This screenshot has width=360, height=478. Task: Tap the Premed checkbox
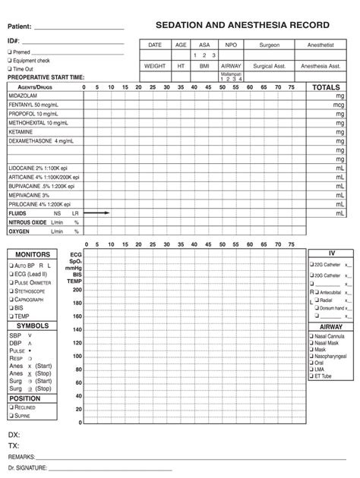(9, 52)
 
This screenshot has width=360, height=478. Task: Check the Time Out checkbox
(9, 68)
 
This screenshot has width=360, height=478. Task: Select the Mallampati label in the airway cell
(230, 74)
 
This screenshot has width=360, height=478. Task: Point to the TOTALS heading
(326, 88)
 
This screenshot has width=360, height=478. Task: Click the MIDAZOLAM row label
(21, 97)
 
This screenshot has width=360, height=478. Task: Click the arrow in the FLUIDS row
(97, 213)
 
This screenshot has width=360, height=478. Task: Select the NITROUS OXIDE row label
(27, 222)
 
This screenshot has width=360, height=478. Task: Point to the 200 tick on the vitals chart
(77, 290)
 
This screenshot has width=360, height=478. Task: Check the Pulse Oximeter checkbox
(11, 282)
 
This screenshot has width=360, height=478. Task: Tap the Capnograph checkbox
(11, 299)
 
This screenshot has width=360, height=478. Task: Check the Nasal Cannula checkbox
(311, 335)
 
